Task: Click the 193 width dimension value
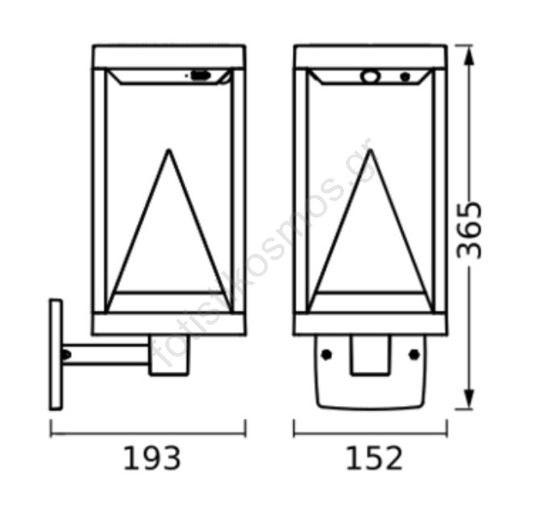click(152, 458)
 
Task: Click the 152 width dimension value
click(374, 458)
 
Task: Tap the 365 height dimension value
click(469, 230)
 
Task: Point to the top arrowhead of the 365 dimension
click(469, 56)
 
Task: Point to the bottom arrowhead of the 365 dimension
click(469, 399)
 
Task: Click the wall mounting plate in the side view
click(56, 355)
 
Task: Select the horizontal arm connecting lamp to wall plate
click(106, 355)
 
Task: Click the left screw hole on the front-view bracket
click(326, 355)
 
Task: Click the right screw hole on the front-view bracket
click(414, 355)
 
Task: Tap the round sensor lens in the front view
click(370, 77)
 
